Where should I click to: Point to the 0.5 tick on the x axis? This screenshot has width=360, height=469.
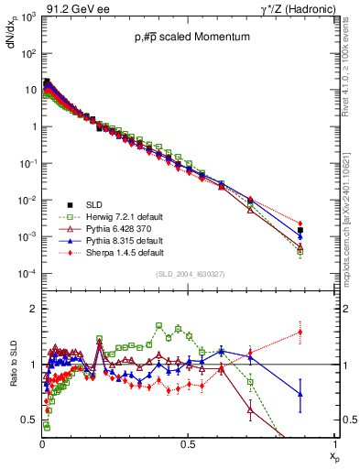[188, 443]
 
